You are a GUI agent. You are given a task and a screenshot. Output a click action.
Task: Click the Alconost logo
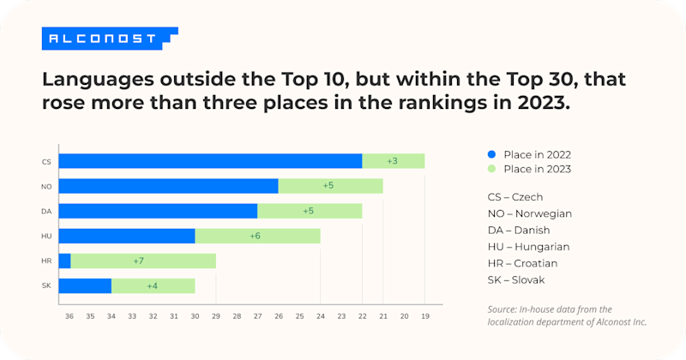pyautogui.click(x=109, y=39)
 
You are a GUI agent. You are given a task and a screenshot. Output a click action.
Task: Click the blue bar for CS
pyautogui.click(x=210, y=161)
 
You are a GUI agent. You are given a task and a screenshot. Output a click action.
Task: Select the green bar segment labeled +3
pyautogui.click(x=393, y=161)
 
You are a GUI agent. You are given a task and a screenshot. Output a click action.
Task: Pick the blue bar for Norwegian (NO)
pyautogui.click(x=168, y=186)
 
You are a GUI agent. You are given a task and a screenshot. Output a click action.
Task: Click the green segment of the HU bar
pyautogui.click(x=257, y=236)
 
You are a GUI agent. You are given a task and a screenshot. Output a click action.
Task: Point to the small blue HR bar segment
pyautogui.click(x=64, y=261)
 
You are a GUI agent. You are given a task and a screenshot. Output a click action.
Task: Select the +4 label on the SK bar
pyautogui.click(x=153, y=285)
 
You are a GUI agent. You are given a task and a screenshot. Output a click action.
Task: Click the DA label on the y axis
pyautogui.click(x=46, y=211)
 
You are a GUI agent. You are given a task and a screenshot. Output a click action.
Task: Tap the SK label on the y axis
pyautogui.click(x=46, y=285)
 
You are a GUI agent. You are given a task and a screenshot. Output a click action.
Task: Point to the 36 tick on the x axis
pyautogui.click(x=69, y=316)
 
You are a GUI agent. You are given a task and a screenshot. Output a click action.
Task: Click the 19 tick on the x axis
pyautogui.click(x=425, y=316)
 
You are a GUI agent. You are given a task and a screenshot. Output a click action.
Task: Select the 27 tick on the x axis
pyautogui.click(x=257, y=316)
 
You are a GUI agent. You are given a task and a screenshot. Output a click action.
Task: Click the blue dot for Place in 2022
pyautogui.click(x=491, y=154)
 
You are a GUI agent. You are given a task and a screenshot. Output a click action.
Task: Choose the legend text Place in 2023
pyautogui.click(x=538, y=169)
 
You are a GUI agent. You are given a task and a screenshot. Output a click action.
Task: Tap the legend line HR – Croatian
pyautogui.click(x=521, y=263)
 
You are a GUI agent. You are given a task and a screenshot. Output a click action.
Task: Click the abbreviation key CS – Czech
pyautogui.click(x=514, y=197)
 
